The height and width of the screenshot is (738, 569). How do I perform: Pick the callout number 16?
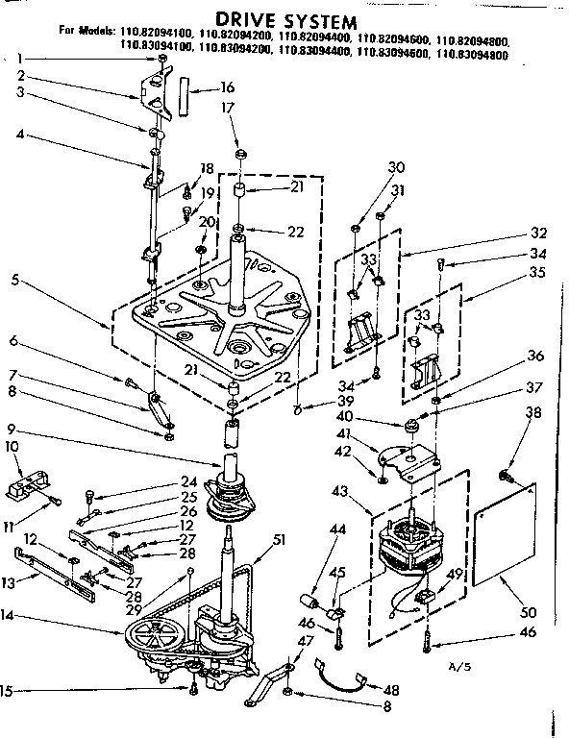tap(227, 86)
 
